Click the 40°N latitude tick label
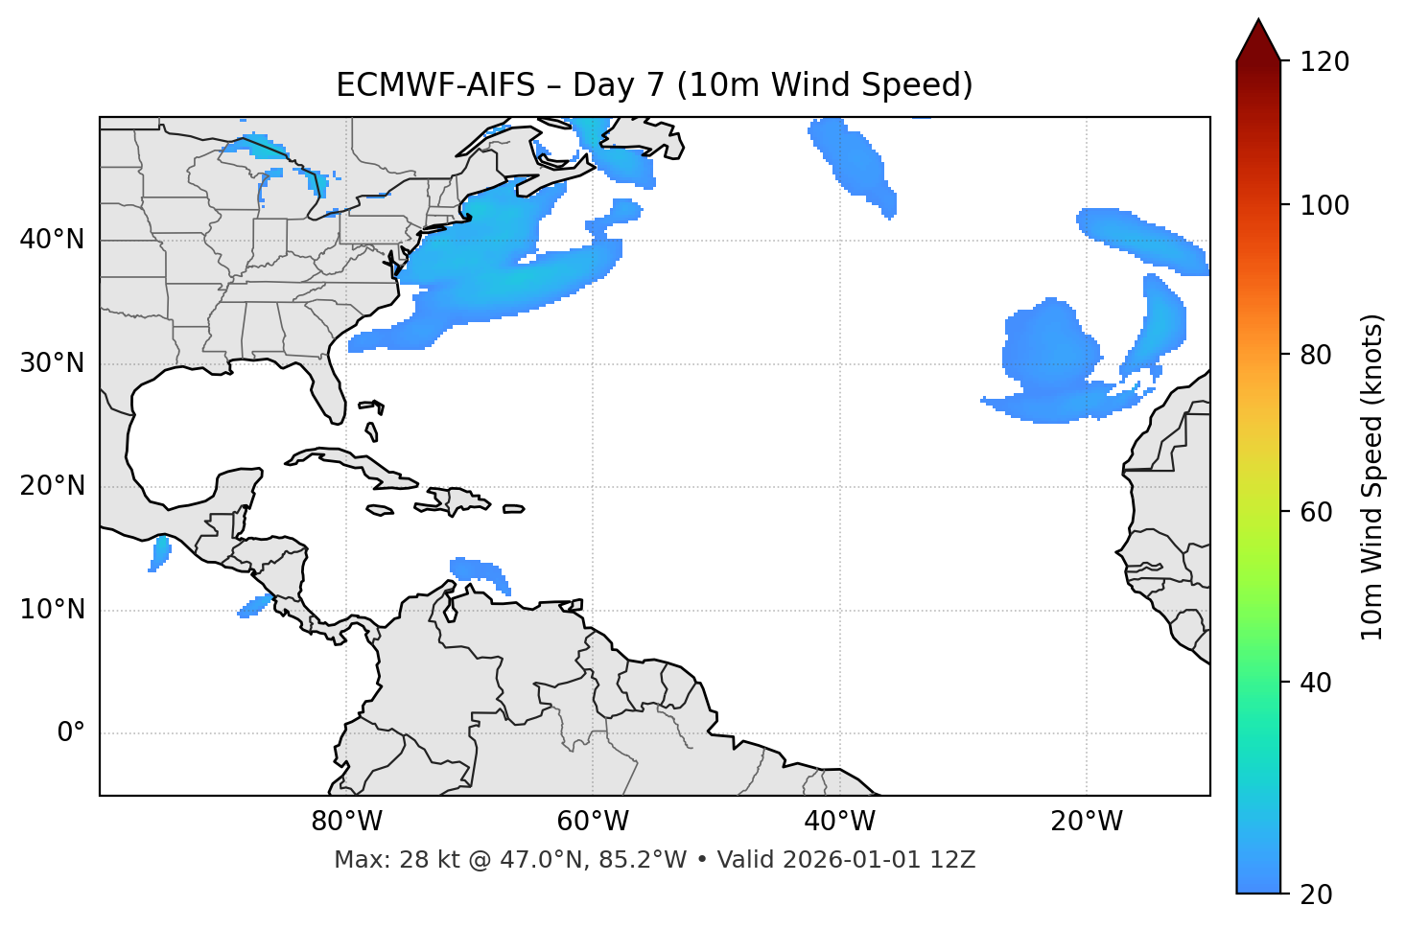coord(52,240)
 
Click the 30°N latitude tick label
coord(52,363)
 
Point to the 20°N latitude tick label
coord(52,486)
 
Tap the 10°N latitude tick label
coord(52,610)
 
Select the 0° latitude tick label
coord(71,733)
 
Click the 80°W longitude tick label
coord(346,822)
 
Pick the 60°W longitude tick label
coord(593,822)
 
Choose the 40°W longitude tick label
coord(839,822)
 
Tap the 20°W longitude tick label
coord(1086,822)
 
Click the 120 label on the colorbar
coord(1324,62)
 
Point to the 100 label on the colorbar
coord(1324,205)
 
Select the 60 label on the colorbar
coord(1317,512)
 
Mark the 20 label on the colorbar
coord(1317,894)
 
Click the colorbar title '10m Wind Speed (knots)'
coord(1372,476)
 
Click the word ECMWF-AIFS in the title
coord(434,85)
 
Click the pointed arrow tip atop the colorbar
coord(1257,23)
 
